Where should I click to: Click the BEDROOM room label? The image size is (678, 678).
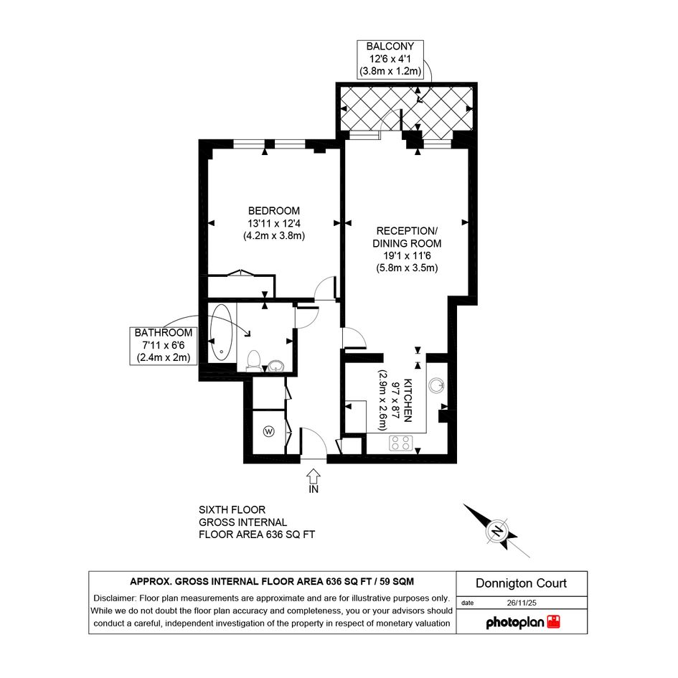point(273,211)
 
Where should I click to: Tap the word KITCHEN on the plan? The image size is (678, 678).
point(408,400)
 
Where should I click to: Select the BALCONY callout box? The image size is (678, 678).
point(390,60)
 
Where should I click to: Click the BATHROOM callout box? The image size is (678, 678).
point(164,346)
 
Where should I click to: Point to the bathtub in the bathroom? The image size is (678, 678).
point(222,332)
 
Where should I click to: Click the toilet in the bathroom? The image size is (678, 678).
point(253,361)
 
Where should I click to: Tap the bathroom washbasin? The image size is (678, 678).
point(276,366)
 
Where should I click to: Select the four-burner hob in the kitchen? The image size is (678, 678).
point(401,443)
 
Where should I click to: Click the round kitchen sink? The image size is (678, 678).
point(437,385)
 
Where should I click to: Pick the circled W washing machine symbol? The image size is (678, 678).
point(269,431)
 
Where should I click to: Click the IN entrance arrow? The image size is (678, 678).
point(314,476)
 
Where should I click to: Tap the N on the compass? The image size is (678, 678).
point(498,530)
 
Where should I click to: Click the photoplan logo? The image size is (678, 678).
point(523,622)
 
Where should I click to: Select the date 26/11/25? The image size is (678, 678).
point(522,603)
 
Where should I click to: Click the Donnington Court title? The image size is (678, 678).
point(521,583)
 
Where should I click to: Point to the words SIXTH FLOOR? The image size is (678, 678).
point(232,510)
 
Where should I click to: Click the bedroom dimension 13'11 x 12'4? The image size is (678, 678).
point(273,224)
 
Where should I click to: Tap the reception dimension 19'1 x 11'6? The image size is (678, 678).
point(407,255)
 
